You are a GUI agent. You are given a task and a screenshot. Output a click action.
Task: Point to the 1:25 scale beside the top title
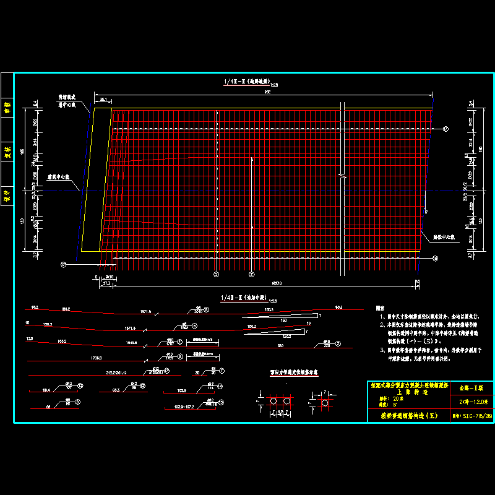pos(274,84)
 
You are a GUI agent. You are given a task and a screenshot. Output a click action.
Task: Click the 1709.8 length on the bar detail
pos(96,357)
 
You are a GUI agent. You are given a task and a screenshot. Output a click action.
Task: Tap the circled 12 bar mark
pos(80,385)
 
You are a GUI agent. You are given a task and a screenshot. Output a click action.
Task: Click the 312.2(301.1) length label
pos(116,372)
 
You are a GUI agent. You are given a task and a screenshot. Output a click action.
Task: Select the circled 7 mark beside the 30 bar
pos(222,371)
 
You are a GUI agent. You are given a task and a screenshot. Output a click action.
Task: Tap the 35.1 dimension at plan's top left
pos(103,99)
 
